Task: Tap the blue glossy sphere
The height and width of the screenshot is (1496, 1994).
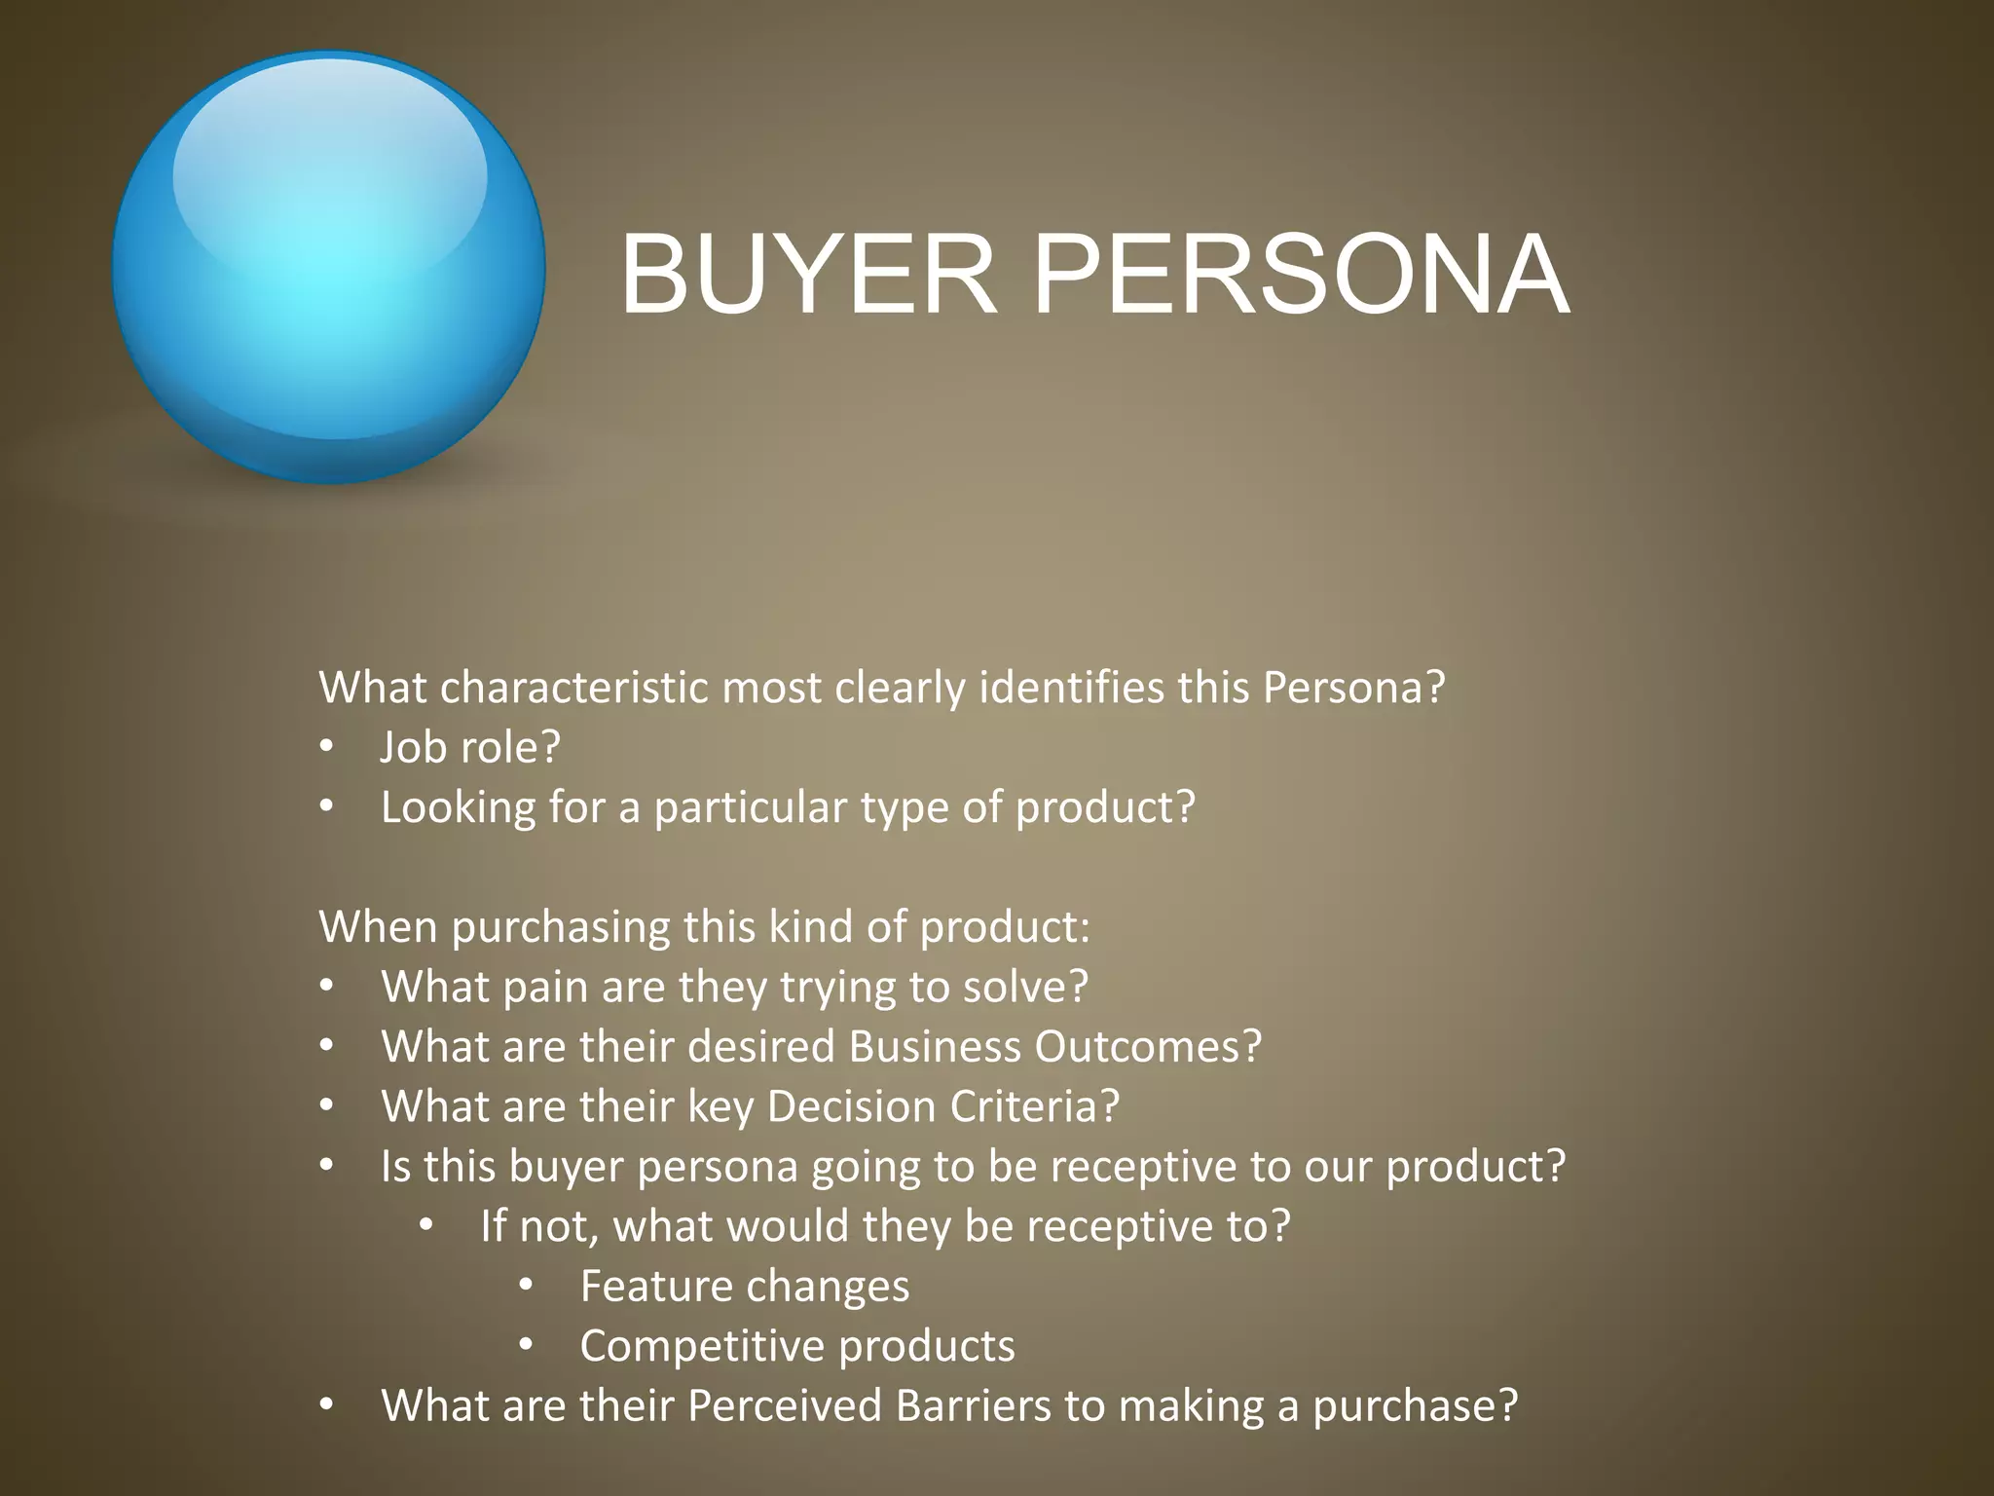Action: pos(328,268)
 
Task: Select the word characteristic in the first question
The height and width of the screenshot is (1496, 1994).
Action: pos(573,688)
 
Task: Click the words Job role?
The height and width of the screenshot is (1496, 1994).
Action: pos(470,748)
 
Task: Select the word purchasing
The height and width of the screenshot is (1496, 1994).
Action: pos(560,927)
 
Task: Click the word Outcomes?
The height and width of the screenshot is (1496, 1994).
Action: pos(1148,1047)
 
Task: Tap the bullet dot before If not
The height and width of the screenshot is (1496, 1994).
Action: pos(426,1225)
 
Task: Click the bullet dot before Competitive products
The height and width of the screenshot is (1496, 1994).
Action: pos(526,1345)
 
